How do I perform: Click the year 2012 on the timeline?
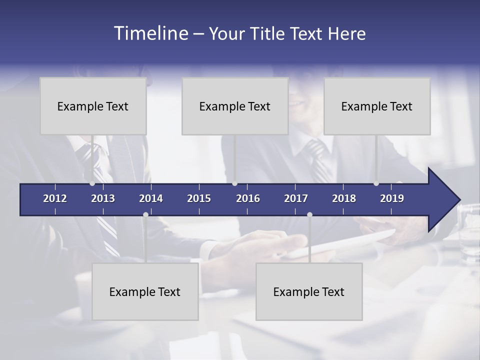point(55,198)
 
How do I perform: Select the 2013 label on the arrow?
point(103,198)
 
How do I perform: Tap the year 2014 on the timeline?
point(151,198)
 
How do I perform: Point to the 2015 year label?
point(199,198)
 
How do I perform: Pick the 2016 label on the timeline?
point(248,198)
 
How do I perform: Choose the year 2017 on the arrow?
point(296,198)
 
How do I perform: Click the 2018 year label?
point(344,198)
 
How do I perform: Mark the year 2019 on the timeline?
point(392,198)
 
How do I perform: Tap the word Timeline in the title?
point(150,33)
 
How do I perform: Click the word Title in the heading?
point(266,33)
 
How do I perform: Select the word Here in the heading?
point(346,33)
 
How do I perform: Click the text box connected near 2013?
point(93,106)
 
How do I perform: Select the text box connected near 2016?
point(235,106)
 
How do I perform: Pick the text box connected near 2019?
point(377,106)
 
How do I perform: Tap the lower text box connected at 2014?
point(145,291)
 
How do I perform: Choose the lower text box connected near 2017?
point(309,291)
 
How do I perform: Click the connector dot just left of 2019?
point(376,183)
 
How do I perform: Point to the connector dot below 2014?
point(145,214)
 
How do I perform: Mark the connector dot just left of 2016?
point(234,183)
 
